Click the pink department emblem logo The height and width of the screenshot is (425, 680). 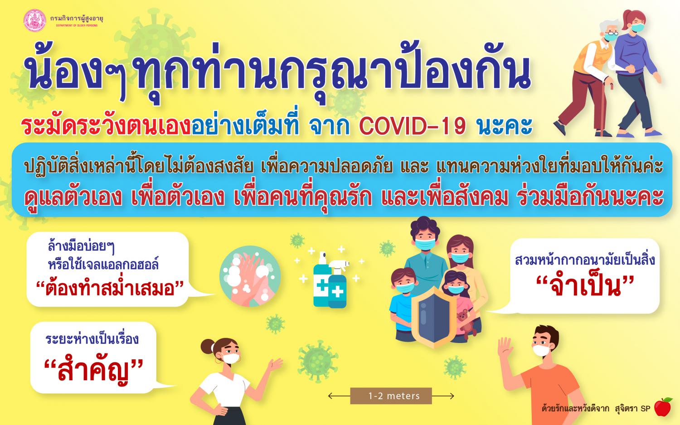tap(34, 20)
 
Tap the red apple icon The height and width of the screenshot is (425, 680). tap(663, 407)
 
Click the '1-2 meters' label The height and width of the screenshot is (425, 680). tap(394, 396)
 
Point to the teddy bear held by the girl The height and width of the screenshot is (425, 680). tap(466, 324)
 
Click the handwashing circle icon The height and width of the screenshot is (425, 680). tap(250, 276)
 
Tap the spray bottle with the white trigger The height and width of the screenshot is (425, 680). tap(337, 285)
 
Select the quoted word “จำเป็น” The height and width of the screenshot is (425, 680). tap(585, 287)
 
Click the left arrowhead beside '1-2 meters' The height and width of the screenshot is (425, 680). tap(330, 396)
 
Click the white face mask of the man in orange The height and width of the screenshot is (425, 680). tap(541, 350)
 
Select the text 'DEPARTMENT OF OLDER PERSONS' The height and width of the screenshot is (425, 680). tap(77, 25)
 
